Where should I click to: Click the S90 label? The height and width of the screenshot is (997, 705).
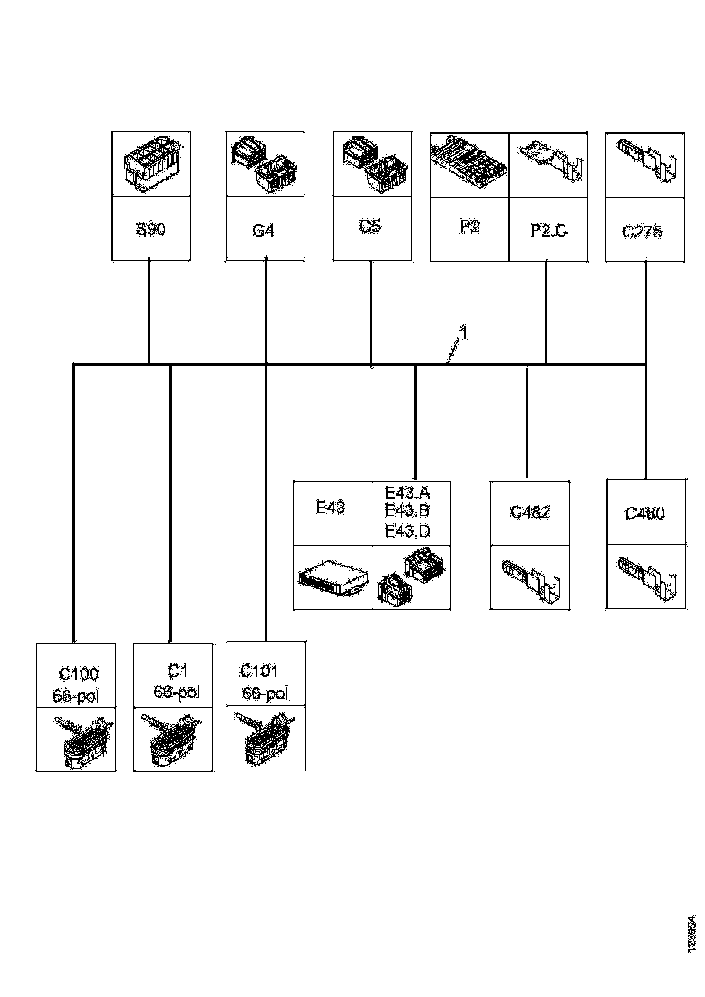coord(150,231)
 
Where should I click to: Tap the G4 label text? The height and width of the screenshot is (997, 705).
coord(263,231)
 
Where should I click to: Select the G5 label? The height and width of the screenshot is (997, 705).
coord(370,227)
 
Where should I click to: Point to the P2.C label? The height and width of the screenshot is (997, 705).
coord(548,230)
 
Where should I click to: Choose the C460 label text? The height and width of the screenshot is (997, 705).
coord(645,513)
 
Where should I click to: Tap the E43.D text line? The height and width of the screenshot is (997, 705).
coord(407,529)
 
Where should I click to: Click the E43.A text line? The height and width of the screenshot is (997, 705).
coord(407,493)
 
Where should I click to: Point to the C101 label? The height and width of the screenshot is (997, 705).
coord(261,671)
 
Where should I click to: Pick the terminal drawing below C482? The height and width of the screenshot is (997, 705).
coord(529,576)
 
